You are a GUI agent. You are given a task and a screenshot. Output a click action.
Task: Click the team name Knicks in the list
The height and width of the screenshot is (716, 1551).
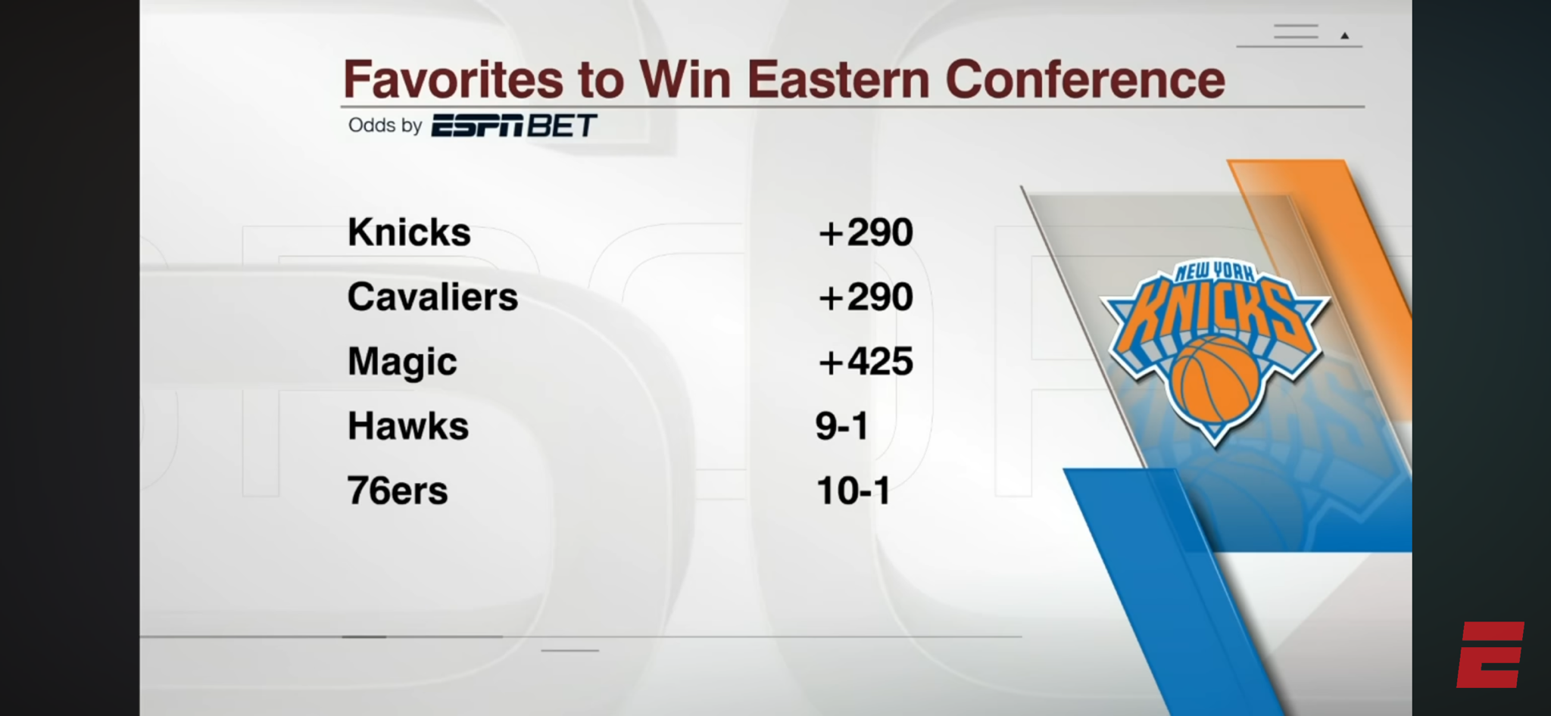pos(409,232)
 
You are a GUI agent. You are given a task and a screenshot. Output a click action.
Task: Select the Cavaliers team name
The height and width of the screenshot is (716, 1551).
pos(432,297)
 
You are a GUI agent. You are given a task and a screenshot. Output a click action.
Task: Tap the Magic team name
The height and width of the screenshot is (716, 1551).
pos(402,363)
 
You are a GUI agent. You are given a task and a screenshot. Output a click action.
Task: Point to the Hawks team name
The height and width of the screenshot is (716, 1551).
pos(408,426)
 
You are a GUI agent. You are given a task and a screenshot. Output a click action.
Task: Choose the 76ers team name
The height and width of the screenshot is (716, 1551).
pos(398,490)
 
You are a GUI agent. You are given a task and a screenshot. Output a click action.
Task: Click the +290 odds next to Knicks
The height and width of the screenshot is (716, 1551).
pos(866,232)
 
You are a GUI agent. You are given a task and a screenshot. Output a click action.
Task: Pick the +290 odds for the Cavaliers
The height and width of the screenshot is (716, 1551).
pos(866,297)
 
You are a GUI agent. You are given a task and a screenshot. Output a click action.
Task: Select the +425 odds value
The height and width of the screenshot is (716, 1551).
pos(866,362)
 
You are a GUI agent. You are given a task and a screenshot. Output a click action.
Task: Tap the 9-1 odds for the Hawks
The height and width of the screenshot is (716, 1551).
pos(841,426)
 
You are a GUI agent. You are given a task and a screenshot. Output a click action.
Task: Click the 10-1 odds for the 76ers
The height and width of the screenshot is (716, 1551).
pos(853,490)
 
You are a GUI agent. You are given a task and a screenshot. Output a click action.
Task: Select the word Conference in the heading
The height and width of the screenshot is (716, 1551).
pos(1085,79)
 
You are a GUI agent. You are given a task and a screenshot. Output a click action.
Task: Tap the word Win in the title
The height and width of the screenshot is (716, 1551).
pos(685,79)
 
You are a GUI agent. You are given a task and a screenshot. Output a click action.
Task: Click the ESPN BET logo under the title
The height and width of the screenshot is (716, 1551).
pos(514,126)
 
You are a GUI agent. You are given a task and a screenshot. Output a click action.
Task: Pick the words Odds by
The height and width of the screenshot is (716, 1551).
pos(385,126)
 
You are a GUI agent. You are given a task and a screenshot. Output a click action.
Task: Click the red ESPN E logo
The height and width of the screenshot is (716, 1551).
pos(1490,655)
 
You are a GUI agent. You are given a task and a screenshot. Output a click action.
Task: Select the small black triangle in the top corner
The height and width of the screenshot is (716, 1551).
pos(1345,36)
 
